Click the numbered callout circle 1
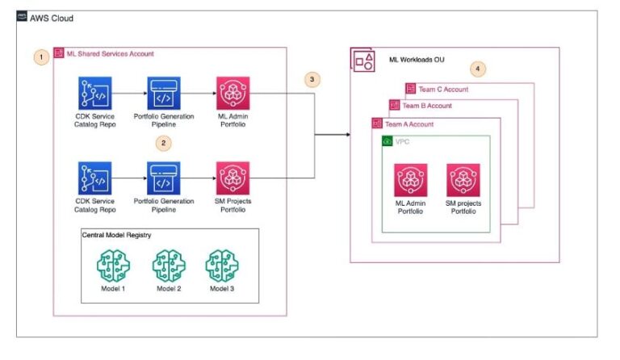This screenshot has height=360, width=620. pos(40,57)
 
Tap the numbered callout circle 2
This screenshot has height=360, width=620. pos(165,144)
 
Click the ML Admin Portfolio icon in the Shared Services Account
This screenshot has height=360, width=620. pos(232,94)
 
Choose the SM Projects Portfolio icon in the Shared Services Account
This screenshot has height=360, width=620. pos(232,178)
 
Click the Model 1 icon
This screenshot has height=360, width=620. pos(112,266)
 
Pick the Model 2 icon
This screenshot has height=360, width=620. pos(168,266)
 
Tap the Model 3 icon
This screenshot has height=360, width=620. pos(221,266)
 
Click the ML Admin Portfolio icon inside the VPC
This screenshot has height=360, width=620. pos(410,179)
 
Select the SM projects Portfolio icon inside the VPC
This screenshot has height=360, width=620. pos(463,179)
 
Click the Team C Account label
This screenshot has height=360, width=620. pos(443,89)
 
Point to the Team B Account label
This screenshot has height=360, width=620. pos(427,106)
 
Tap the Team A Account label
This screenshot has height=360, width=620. pos(409,123)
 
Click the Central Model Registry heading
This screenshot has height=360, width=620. pos(118,236)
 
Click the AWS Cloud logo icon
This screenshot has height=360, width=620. pos(22,16)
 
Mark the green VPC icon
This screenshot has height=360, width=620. pos(387,140)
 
